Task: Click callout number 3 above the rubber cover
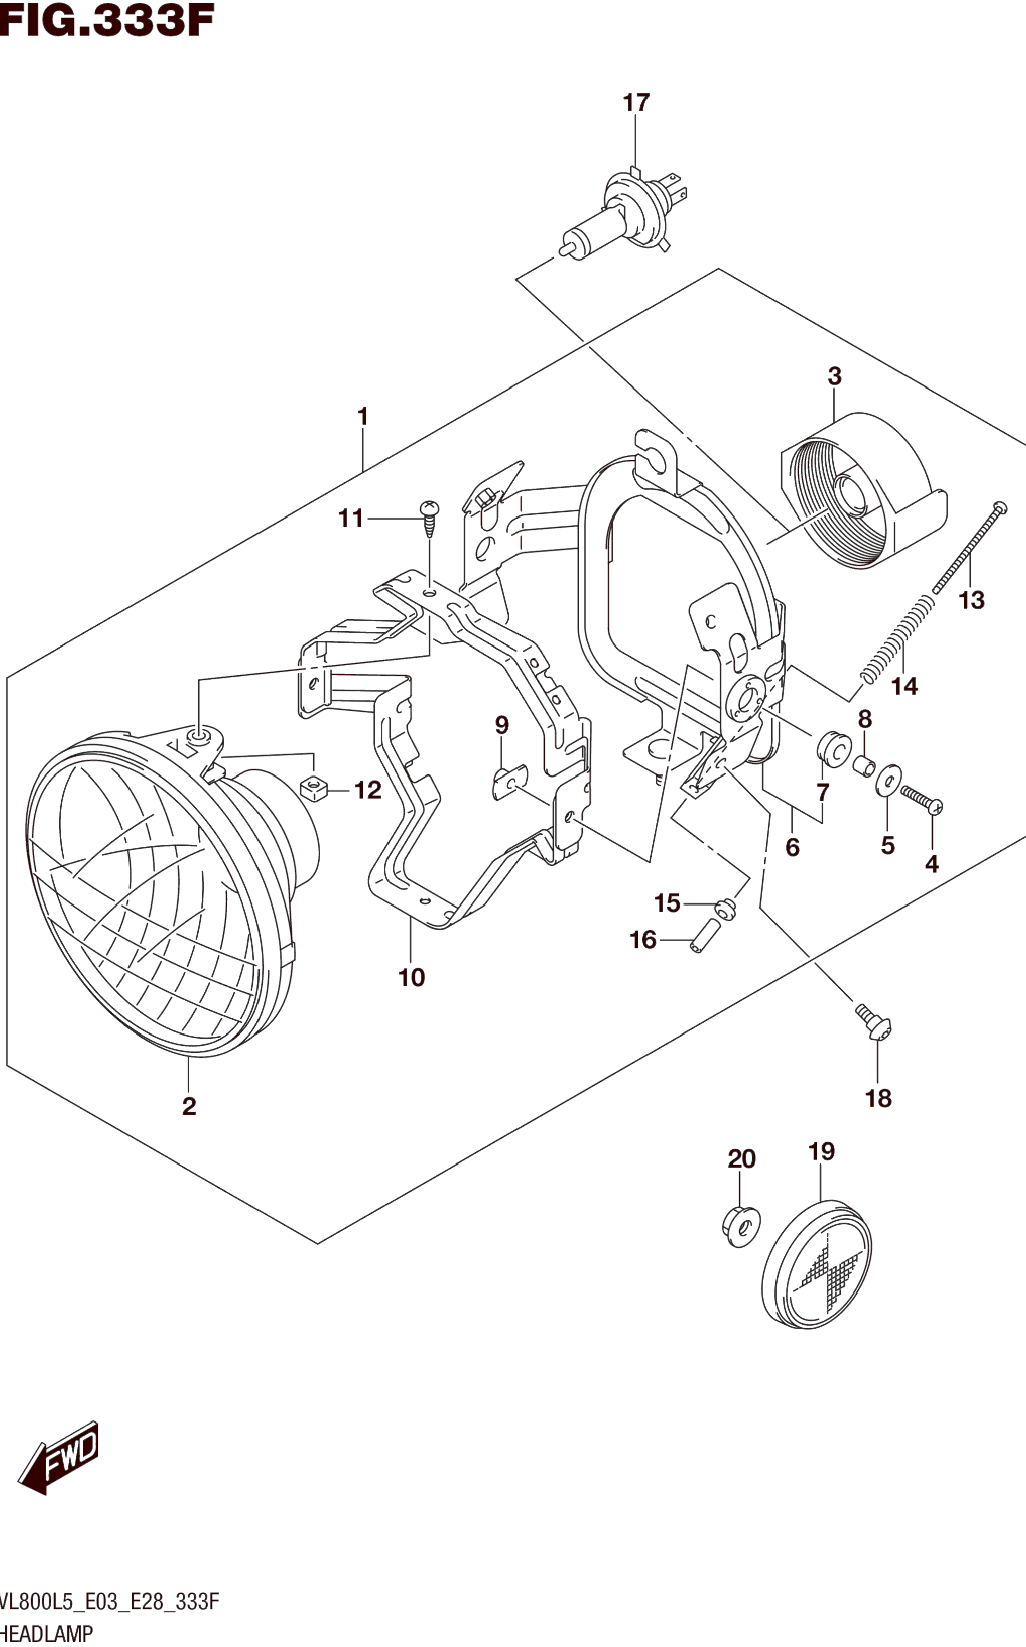[835, 377]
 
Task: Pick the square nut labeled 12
[314, 789]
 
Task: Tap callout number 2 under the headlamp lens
[189, 1106]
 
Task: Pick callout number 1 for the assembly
[363, 416]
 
